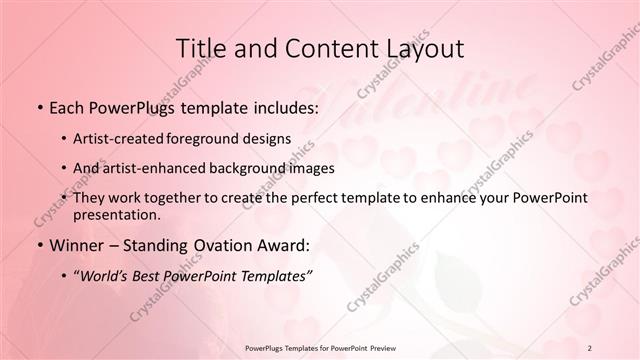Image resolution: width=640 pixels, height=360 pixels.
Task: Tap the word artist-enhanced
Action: pyautogui.click(x=153, y=168)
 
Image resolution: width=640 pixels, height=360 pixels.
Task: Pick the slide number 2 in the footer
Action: pyautogui.click(x=590, y=347)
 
